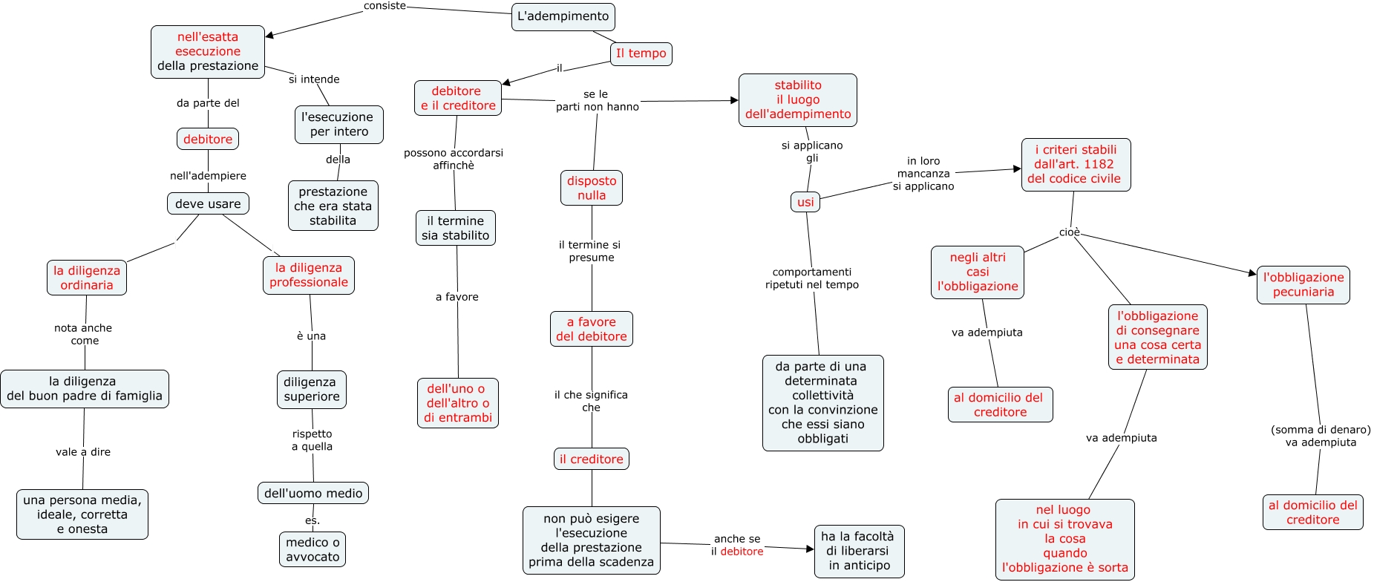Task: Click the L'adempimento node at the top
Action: tap(563, 16)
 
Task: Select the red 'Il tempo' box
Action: tap(641, 53)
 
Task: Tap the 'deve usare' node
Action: tap(208, 203)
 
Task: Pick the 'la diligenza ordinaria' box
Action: tap(87, 278)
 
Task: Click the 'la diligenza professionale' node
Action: tap(309, 275)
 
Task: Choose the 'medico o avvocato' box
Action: tap(313, 549)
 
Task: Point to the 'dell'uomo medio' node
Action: tap(313, 493)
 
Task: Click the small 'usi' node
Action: tap(805, 202)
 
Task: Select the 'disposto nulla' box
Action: tap(592, 188)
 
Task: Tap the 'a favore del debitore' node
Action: tap(592, 329)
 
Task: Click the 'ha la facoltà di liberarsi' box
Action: tap(859, 551)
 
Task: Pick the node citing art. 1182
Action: tap(1076, 164)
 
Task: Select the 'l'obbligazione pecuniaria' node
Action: tap(1303, 284)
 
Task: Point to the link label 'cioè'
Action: tap(1070, 232)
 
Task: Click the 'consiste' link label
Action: tap(385, 6)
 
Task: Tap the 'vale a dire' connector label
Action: tap(83, 451)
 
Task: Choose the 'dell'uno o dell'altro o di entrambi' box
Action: tap(458, 403)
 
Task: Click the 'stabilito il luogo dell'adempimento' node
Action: tap(798, 99)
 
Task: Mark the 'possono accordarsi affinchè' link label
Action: tap(454, 159)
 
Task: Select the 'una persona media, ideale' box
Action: tap(82, 514)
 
